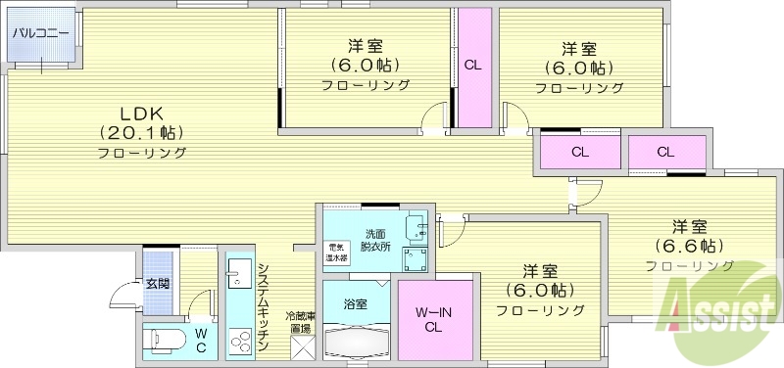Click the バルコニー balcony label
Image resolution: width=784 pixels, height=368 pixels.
pyautogui.click(x=40, y=33)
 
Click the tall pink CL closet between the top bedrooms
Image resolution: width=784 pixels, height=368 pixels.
pyautogui.click(x=472, y=67)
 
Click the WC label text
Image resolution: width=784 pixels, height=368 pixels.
pyautogui.click(x=200, y=340)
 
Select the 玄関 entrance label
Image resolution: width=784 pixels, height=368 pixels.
pyautogui.click(x=159, y=285)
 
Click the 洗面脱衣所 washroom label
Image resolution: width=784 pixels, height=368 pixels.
pyautogui.click(x=376, y=240)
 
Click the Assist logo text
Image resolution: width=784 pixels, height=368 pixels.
pyautogui.click(x=720, y=315)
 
